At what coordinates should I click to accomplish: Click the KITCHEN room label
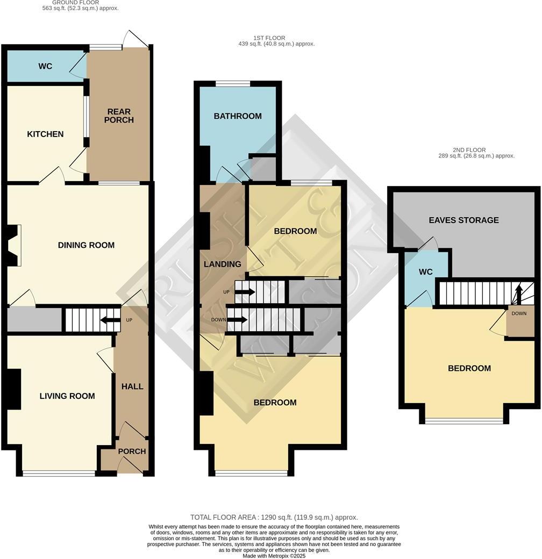(x=45, y=134)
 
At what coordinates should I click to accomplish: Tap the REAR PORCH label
(x=119, y=116)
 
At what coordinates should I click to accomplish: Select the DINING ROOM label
(x=86, y=245)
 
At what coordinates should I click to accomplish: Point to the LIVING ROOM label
(x=67, y=396)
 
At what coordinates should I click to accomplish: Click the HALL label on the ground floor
(x=132, y=386)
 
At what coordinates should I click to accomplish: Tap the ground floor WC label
(x=45, y=66)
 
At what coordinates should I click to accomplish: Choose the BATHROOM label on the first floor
(x=238, y=116)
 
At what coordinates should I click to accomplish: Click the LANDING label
(x=222, y=264)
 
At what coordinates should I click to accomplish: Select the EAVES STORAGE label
(x=463, y=220)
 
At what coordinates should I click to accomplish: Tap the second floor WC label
(x=425, y=272)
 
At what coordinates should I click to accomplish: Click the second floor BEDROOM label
(x=469, y=368)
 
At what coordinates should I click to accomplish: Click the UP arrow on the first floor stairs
(x=245, y=292)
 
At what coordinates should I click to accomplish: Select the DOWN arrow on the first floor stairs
(x=237, y=320)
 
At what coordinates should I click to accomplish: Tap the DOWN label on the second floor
(x=519, y=313)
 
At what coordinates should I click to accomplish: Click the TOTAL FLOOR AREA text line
(x=274, y=517)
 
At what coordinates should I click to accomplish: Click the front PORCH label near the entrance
(x=132, y=451)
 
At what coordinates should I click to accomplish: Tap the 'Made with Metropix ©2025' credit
(x=274, y=555)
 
